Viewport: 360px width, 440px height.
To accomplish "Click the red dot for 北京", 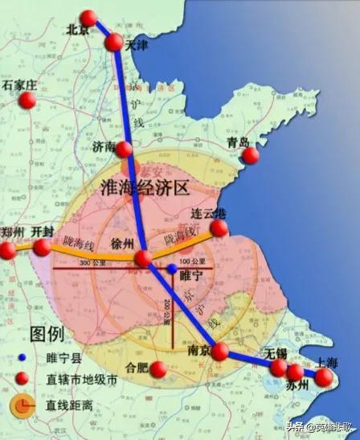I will pyautogui.click(x=88, y=19).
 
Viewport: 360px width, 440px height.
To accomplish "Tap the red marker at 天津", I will pyautogui.click(x=114, y=42).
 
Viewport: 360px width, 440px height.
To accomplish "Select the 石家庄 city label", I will pyautogui.click(x=20, y=84).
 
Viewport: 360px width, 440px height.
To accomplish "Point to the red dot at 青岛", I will pyautogui.click(x=252, y=155).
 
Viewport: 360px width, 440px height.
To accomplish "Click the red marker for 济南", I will pyautogui.click(x=124, y=149).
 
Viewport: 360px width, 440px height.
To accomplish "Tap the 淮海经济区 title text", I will pyautogui.click(x=145, y=189).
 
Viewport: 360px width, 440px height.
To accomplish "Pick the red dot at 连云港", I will pyautogui.click(x=219, y=228).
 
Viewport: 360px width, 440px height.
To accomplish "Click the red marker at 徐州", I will pyautogui.click(x=143, y=258).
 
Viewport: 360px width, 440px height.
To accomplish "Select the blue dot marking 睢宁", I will pyautogui.click(x=171, y=268).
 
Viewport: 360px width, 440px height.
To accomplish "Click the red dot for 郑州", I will pyautogui.click(x=7, y=250).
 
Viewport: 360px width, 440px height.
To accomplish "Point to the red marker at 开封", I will pyautogui.click(x=42, y=248).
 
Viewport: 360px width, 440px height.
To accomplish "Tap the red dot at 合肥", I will pyautogui.click(x=158, y=369).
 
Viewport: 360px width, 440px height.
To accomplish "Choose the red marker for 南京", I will pyautogui.click(x=219, y=352).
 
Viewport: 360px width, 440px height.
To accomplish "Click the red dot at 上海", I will pyautogui.click(x=323, y=376).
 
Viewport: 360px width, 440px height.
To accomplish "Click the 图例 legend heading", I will pyautogui.click(x=48, y=332).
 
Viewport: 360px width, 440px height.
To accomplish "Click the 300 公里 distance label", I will pyautogui.click(x=94, y=265).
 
